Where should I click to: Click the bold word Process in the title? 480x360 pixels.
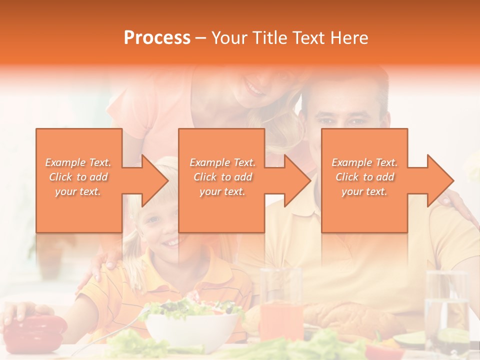click(157, 38)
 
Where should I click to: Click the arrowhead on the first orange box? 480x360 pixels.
click(152, 180)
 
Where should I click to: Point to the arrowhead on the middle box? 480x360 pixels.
click(295, 180)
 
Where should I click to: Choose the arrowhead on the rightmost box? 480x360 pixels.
click(438, 180)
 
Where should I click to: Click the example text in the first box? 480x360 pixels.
click(78, 177)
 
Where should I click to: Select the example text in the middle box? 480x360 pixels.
click(222, 177)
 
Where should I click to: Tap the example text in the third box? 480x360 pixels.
click(364, 177)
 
